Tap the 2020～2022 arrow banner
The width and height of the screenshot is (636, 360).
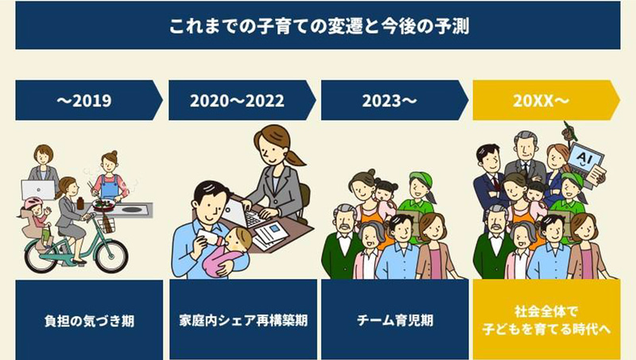coord(238,100)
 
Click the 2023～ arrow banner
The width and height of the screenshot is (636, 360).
coord(391,100)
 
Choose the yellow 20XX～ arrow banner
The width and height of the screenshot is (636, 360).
coord(544,100)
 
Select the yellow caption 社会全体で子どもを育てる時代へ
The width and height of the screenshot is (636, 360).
coord(546,322)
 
